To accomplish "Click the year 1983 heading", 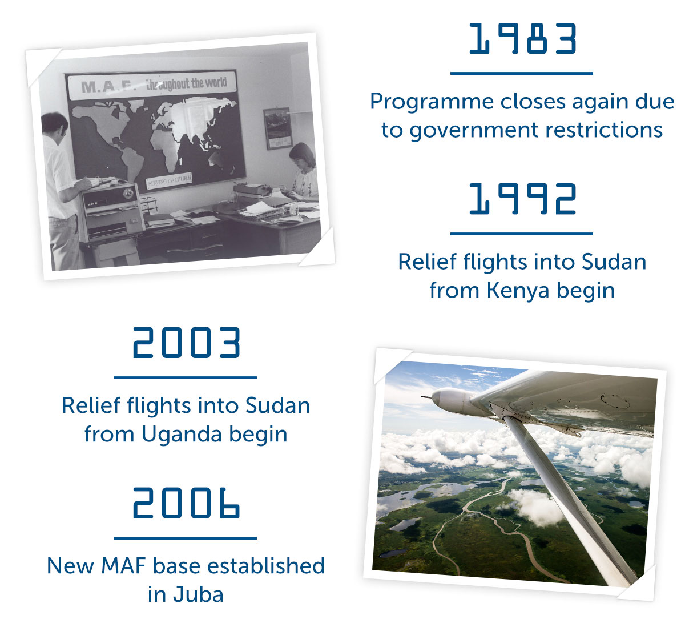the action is pos(522,38).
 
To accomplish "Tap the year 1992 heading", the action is pos(522,199).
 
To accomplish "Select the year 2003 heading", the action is pos(187,342).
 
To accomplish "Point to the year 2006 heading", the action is pos(187,503).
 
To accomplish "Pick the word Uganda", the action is pos(182,434).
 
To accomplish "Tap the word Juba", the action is pos(198,595).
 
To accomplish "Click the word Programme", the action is pos(432,102).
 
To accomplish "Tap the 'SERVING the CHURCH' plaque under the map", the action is pos(170,179).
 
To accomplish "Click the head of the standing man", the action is pos(54,124).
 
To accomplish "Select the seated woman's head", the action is pos(302,155).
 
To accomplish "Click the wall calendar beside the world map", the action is pos(277,128).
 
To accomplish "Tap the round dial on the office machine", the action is pos(128,194).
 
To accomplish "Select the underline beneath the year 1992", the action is pos(521,234).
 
